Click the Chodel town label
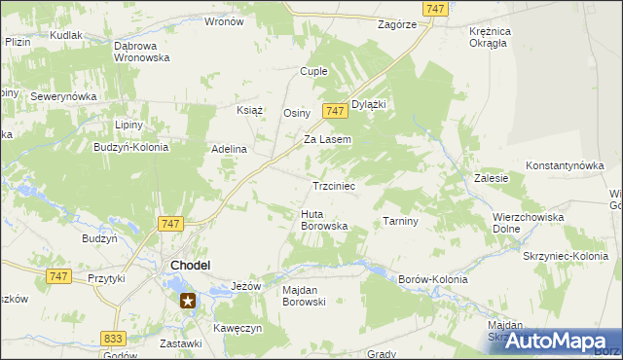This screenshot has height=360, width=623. pyautogui.click(x=193, y=265)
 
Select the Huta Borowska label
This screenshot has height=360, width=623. pyautogui.click(x=324, y=220)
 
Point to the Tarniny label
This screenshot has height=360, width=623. pyautogui.click(x=400, y=221)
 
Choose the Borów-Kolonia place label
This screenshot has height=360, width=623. pyautogui.click(x=433, y=279)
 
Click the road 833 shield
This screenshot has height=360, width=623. pyautogui.click(x=113, y=338)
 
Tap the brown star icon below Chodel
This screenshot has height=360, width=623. pyautogui.click(x=187, y=301)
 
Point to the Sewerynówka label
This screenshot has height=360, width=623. pyautogui.click(x=60, y=97)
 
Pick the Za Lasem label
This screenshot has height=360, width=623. pyautogui.click(x=327, y=139)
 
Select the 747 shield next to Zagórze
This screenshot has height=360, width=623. pyautogui.click(x=436, y=8)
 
